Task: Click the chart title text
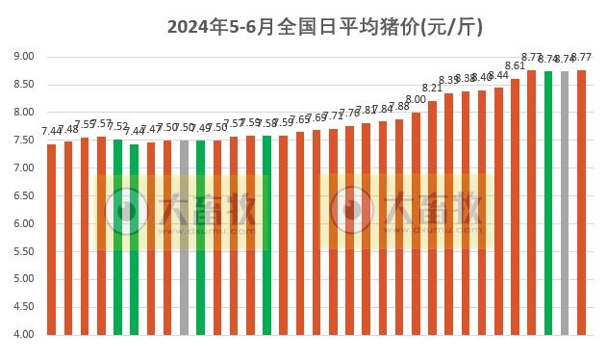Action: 325,27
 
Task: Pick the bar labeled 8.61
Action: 515,207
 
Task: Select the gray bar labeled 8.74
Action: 565,203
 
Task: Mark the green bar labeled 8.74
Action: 548,203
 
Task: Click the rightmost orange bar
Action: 581,202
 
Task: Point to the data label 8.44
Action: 498,75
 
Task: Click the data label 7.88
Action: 399,106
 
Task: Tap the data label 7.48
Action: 68,129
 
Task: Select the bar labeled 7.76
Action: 349,231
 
